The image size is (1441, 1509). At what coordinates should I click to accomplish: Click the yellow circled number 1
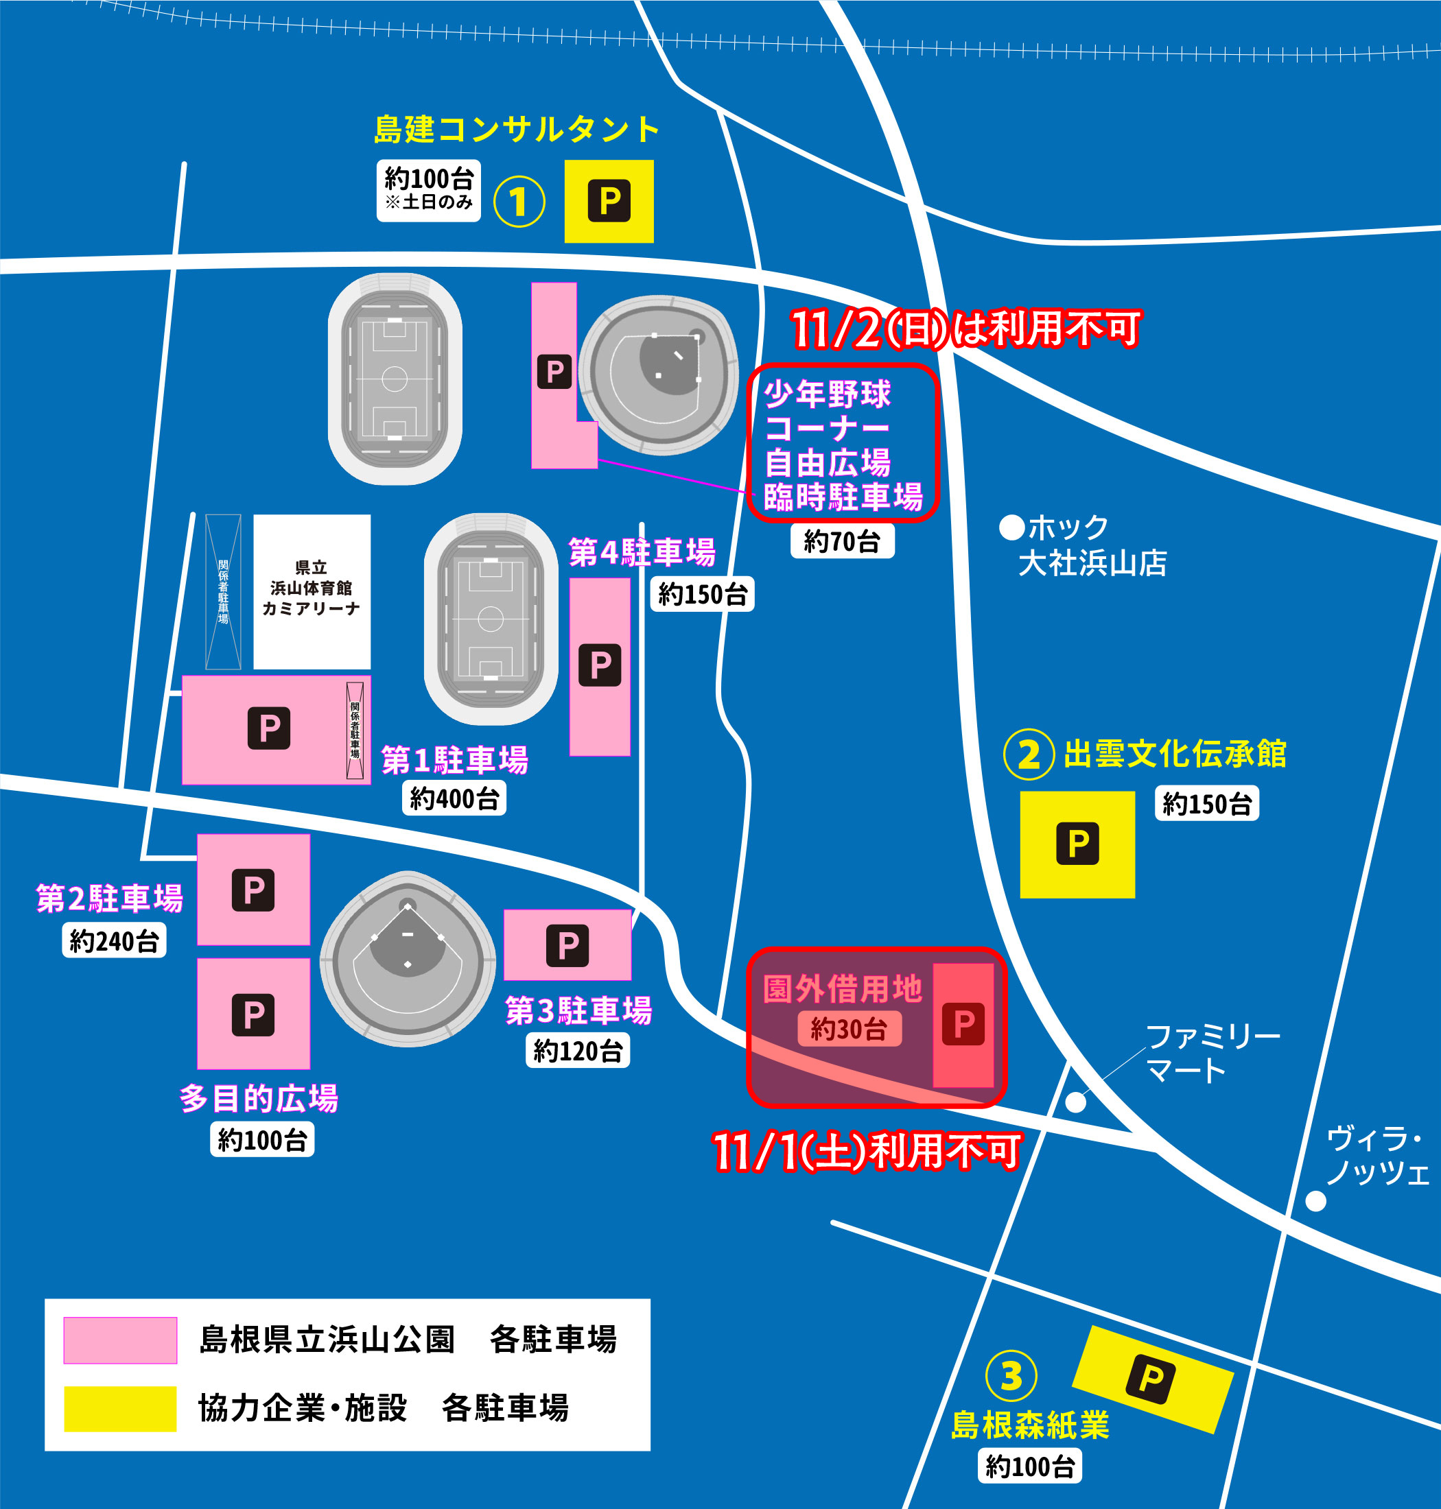click(x=519, y=201)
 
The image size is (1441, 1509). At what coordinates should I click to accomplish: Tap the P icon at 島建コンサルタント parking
click(x=609, y=201)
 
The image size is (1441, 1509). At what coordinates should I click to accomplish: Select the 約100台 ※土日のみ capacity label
click(x=429, y=191)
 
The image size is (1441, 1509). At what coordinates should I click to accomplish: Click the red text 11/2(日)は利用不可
click(x=965, y=329)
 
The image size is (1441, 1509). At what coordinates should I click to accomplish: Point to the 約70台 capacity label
click(x=842, y=541)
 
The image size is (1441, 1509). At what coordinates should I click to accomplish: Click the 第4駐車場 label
click(x=642, y=552)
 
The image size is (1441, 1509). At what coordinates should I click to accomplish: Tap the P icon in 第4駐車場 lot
click(x=600, y=665)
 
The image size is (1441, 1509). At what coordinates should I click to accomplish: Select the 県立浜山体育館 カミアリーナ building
click(x=312, y=591)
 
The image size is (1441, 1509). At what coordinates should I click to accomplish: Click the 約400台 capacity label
click(x=454, y=798)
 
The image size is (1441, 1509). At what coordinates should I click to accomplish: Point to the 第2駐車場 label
click(x=110, y=898)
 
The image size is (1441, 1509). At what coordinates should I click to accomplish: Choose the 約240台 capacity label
click(x=114, y=941)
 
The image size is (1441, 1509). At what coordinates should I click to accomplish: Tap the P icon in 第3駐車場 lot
click(x=567, y=945)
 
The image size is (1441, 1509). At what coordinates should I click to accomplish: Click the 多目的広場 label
click(x=259, y=1099)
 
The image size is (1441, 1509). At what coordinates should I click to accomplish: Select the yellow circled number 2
click(x=1028, y=754)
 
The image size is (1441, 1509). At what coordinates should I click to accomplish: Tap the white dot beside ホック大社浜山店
click(x=1011, y=527)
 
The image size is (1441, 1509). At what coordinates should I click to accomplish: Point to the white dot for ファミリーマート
click(x=1075, y=1103)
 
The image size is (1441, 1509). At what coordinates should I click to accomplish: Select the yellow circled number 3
click(x=1011, y=1375)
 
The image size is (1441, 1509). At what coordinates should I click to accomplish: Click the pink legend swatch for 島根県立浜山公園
click(x=120, y=1340)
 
